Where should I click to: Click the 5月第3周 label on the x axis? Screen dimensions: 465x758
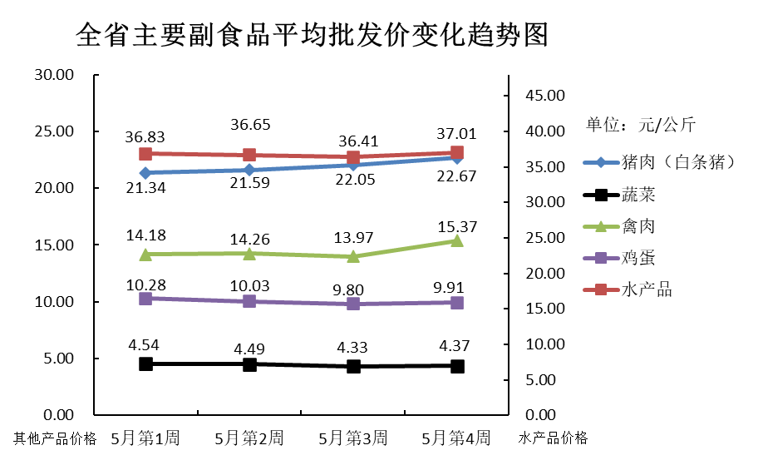352,438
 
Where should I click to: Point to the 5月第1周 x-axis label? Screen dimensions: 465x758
145,438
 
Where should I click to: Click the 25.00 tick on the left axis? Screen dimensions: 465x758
54,131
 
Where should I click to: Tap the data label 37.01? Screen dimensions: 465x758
456,133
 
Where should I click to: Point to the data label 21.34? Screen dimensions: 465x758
145,189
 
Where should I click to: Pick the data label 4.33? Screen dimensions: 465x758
352,347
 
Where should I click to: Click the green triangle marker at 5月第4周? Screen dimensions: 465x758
456,240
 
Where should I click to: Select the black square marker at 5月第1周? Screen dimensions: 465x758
145,364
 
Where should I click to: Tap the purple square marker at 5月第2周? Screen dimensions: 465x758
249,301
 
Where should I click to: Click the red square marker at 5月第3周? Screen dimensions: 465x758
353,157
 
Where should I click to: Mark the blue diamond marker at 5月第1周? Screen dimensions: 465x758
145,173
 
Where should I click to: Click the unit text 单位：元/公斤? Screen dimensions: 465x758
640,126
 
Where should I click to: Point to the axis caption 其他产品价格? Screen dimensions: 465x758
55,438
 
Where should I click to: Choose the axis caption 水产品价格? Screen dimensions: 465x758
554,438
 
